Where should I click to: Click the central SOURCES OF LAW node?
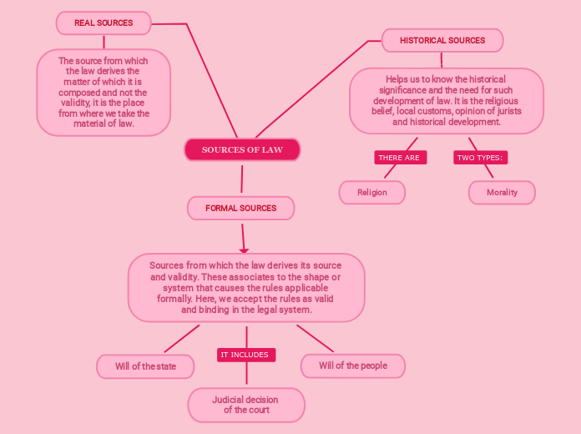[242, 150]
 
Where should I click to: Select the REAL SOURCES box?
[104, 23]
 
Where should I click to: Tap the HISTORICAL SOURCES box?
[442, 40]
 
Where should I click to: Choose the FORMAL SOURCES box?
[241, 208]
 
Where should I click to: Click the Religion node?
[372, 192]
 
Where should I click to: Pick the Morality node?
[502, 192]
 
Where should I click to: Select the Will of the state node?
[146, 366]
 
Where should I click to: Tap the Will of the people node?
[352, 366]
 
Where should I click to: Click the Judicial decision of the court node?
[246, 405]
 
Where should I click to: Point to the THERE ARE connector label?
[399, 158]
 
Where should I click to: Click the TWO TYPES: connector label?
[479, 158]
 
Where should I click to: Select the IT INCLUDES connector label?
[245, 355]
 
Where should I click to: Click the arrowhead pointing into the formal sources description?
[244, 249]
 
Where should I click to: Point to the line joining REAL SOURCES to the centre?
[209, 75]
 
